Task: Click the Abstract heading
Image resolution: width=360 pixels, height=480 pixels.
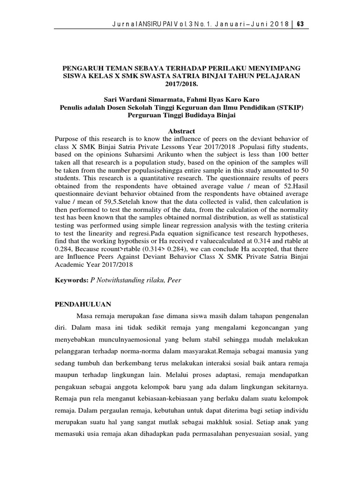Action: (180, 131)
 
